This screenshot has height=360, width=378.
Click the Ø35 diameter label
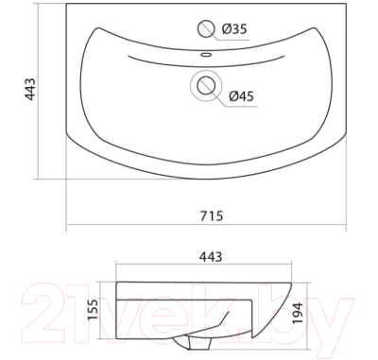point(234,29)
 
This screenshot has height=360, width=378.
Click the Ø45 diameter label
point(241,96)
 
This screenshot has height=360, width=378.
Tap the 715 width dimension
point(212,216)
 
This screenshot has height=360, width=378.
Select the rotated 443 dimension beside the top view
point(30,89)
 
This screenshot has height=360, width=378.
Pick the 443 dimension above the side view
point(211,257)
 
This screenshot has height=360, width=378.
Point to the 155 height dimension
point(93,310)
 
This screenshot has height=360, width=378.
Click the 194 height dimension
point(298,313)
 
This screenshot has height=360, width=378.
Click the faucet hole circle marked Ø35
point(206,29)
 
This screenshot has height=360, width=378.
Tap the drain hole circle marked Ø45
point(206,86)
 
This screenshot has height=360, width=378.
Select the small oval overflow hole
point(206,55)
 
